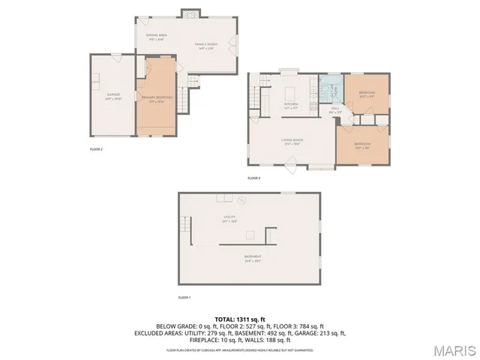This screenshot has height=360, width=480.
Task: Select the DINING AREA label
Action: pos(156,35)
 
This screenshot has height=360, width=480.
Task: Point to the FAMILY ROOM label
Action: pos(206,45)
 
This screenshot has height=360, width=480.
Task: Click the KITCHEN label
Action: pos(291,104)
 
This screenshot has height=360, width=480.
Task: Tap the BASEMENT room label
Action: pos(253,258)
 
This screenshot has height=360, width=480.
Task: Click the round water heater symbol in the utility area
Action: pos(241,201)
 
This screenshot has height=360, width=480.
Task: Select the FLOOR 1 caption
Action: pos(184,298)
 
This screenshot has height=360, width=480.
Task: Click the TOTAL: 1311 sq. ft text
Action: pos(239,318)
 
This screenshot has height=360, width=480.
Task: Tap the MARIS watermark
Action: pos(453,349)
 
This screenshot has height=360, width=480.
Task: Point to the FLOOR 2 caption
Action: pos(96,149)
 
